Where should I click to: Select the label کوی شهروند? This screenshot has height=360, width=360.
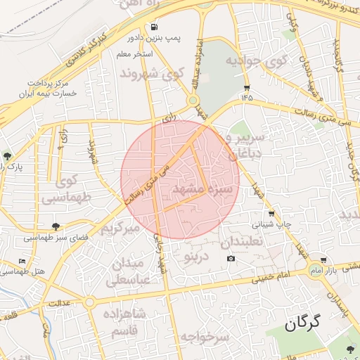tap(152, 73)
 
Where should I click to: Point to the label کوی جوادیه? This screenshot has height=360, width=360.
tap(257, 60)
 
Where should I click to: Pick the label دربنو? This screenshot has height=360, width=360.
tap(196, 256)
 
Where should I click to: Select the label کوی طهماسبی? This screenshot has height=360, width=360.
tap(67, 191)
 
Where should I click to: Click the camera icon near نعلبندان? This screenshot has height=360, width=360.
tap(231, 259)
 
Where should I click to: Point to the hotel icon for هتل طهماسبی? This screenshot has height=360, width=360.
tap(22, 262)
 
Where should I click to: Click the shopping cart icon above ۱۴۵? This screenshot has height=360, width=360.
tap(247, 87)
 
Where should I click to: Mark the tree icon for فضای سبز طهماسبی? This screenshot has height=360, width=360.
tap(56, 226)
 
